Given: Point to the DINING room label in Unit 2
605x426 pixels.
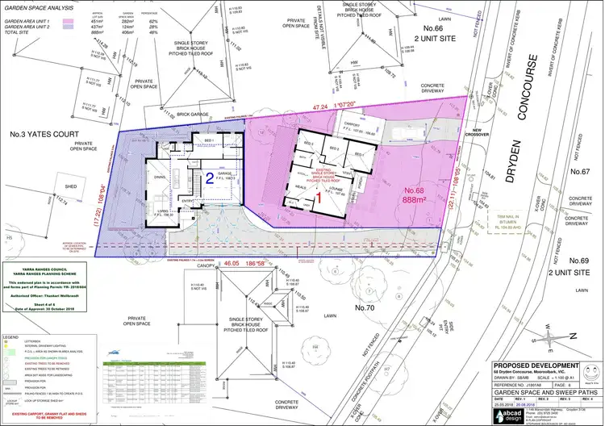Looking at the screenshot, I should coord(161,177).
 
